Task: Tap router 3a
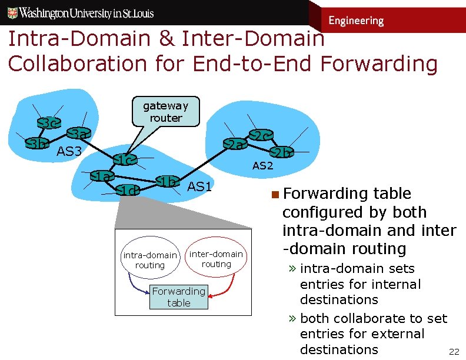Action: tap(78, 135)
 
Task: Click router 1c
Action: tap(125, 159)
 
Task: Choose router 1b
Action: tap(167, 181)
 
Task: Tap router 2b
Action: tap(282, 152)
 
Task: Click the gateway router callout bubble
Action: tap(166, 112)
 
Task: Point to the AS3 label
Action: tap(69, 152)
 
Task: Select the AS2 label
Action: tap(263, 166)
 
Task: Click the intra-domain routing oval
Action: tap(150, 259)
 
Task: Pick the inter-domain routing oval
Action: tap(216, 259)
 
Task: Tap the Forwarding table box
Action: tap(178, 296)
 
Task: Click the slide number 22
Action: tap(454, 352)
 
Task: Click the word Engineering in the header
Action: tap(356, 21)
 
